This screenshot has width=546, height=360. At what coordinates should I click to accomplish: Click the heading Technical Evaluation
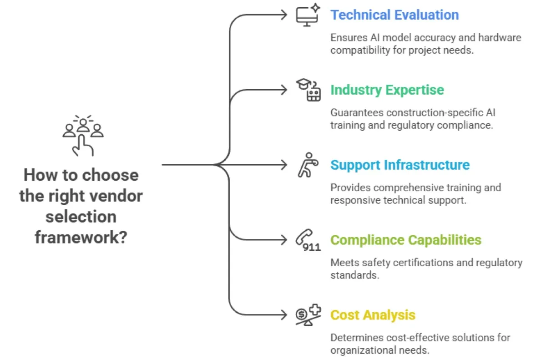394,15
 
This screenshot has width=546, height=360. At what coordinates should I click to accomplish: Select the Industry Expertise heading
387,90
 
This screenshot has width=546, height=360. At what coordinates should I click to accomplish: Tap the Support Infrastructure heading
400,164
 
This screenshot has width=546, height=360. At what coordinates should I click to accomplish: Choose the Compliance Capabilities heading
405,240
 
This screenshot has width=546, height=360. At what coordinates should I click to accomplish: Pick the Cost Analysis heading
373,314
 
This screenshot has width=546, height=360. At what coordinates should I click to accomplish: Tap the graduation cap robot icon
309,89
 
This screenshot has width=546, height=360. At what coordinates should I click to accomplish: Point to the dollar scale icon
308,315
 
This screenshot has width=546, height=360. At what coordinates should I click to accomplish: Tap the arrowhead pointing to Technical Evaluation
285,15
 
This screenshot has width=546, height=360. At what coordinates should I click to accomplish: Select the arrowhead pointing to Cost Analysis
285,314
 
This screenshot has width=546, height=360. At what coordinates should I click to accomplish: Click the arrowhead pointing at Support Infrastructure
285,164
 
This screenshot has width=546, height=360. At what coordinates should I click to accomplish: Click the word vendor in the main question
117,196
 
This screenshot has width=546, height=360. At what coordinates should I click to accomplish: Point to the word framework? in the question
81,237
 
